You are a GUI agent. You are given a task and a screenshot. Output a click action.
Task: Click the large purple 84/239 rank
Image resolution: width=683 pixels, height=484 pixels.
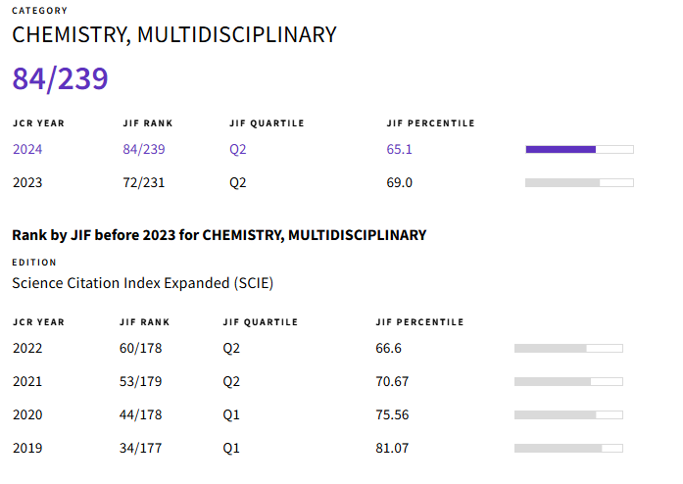(60, 78)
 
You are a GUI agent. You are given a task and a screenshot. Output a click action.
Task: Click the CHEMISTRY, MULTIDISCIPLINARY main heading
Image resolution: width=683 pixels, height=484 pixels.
(173, 35)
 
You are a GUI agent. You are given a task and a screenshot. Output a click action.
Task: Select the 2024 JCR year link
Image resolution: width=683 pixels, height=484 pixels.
(27, 149)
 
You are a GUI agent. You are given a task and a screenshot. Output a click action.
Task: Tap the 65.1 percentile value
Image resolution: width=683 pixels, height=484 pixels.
(400, 149)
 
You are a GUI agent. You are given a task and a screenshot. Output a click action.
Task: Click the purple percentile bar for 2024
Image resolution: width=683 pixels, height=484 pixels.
(579, 149)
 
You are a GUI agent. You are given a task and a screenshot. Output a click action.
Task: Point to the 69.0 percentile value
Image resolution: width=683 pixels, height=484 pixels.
(400, 182)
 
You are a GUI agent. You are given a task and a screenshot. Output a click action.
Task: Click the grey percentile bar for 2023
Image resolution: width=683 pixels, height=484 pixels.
(579, 182)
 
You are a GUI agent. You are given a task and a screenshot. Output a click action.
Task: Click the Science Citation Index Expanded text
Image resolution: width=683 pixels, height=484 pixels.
(142, 283)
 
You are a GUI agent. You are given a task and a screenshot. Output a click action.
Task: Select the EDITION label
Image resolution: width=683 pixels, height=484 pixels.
(34, 263)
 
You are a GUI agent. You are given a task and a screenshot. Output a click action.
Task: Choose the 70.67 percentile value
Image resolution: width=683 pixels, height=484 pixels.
(393, 381)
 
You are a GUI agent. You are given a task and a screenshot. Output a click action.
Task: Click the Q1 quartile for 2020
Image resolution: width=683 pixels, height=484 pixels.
(231, 414)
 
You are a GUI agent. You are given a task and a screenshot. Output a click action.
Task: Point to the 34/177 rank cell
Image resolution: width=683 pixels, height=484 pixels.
(139, 448)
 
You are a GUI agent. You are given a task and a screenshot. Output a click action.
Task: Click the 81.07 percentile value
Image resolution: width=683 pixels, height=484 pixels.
(393, 448)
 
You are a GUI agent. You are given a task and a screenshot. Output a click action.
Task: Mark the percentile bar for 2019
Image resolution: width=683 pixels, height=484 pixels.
(568, 448)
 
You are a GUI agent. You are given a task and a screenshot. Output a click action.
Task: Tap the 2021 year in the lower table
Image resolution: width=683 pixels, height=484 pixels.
(27, 381)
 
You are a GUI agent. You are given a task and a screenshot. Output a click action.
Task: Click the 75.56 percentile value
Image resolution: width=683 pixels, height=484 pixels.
(393, 414)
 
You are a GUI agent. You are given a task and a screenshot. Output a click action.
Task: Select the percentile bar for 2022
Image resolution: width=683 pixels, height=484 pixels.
(568, 348)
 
